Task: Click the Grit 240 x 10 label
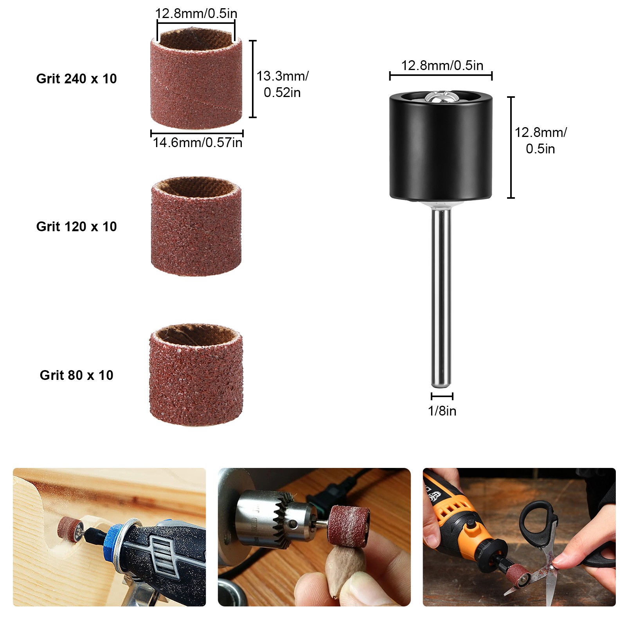tap(76, 79)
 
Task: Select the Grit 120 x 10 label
tap(76, 227)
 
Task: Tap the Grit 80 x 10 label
tap(76, 375)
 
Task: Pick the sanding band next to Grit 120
tap(196, 226)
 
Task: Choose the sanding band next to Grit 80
tap(196, 374)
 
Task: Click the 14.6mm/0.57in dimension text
tap(198, 142)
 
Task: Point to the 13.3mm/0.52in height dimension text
tap(282, 84)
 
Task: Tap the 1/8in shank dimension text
tap(442, 411)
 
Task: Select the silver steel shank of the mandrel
tap(441, 297)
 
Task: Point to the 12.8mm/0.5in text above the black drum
tap(442, 65)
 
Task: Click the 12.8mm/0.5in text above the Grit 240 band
tap(196, 13)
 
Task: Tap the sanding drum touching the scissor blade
tap(519, 576)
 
